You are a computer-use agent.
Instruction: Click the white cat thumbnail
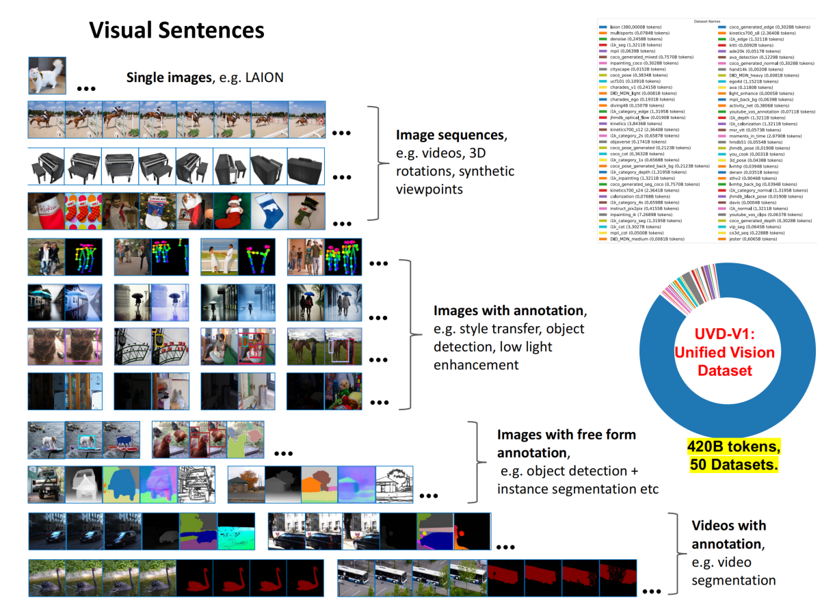tap(47, 76)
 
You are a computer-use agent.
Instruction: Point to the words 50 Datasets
tap(734, 465)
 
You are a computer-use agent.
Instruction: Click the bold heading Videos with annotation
tap(728, 535)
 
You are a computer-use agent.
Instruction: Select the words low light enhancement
tap(492, 356)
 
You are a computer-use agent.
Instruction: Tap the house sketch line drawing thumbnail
tap(394, 483)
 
